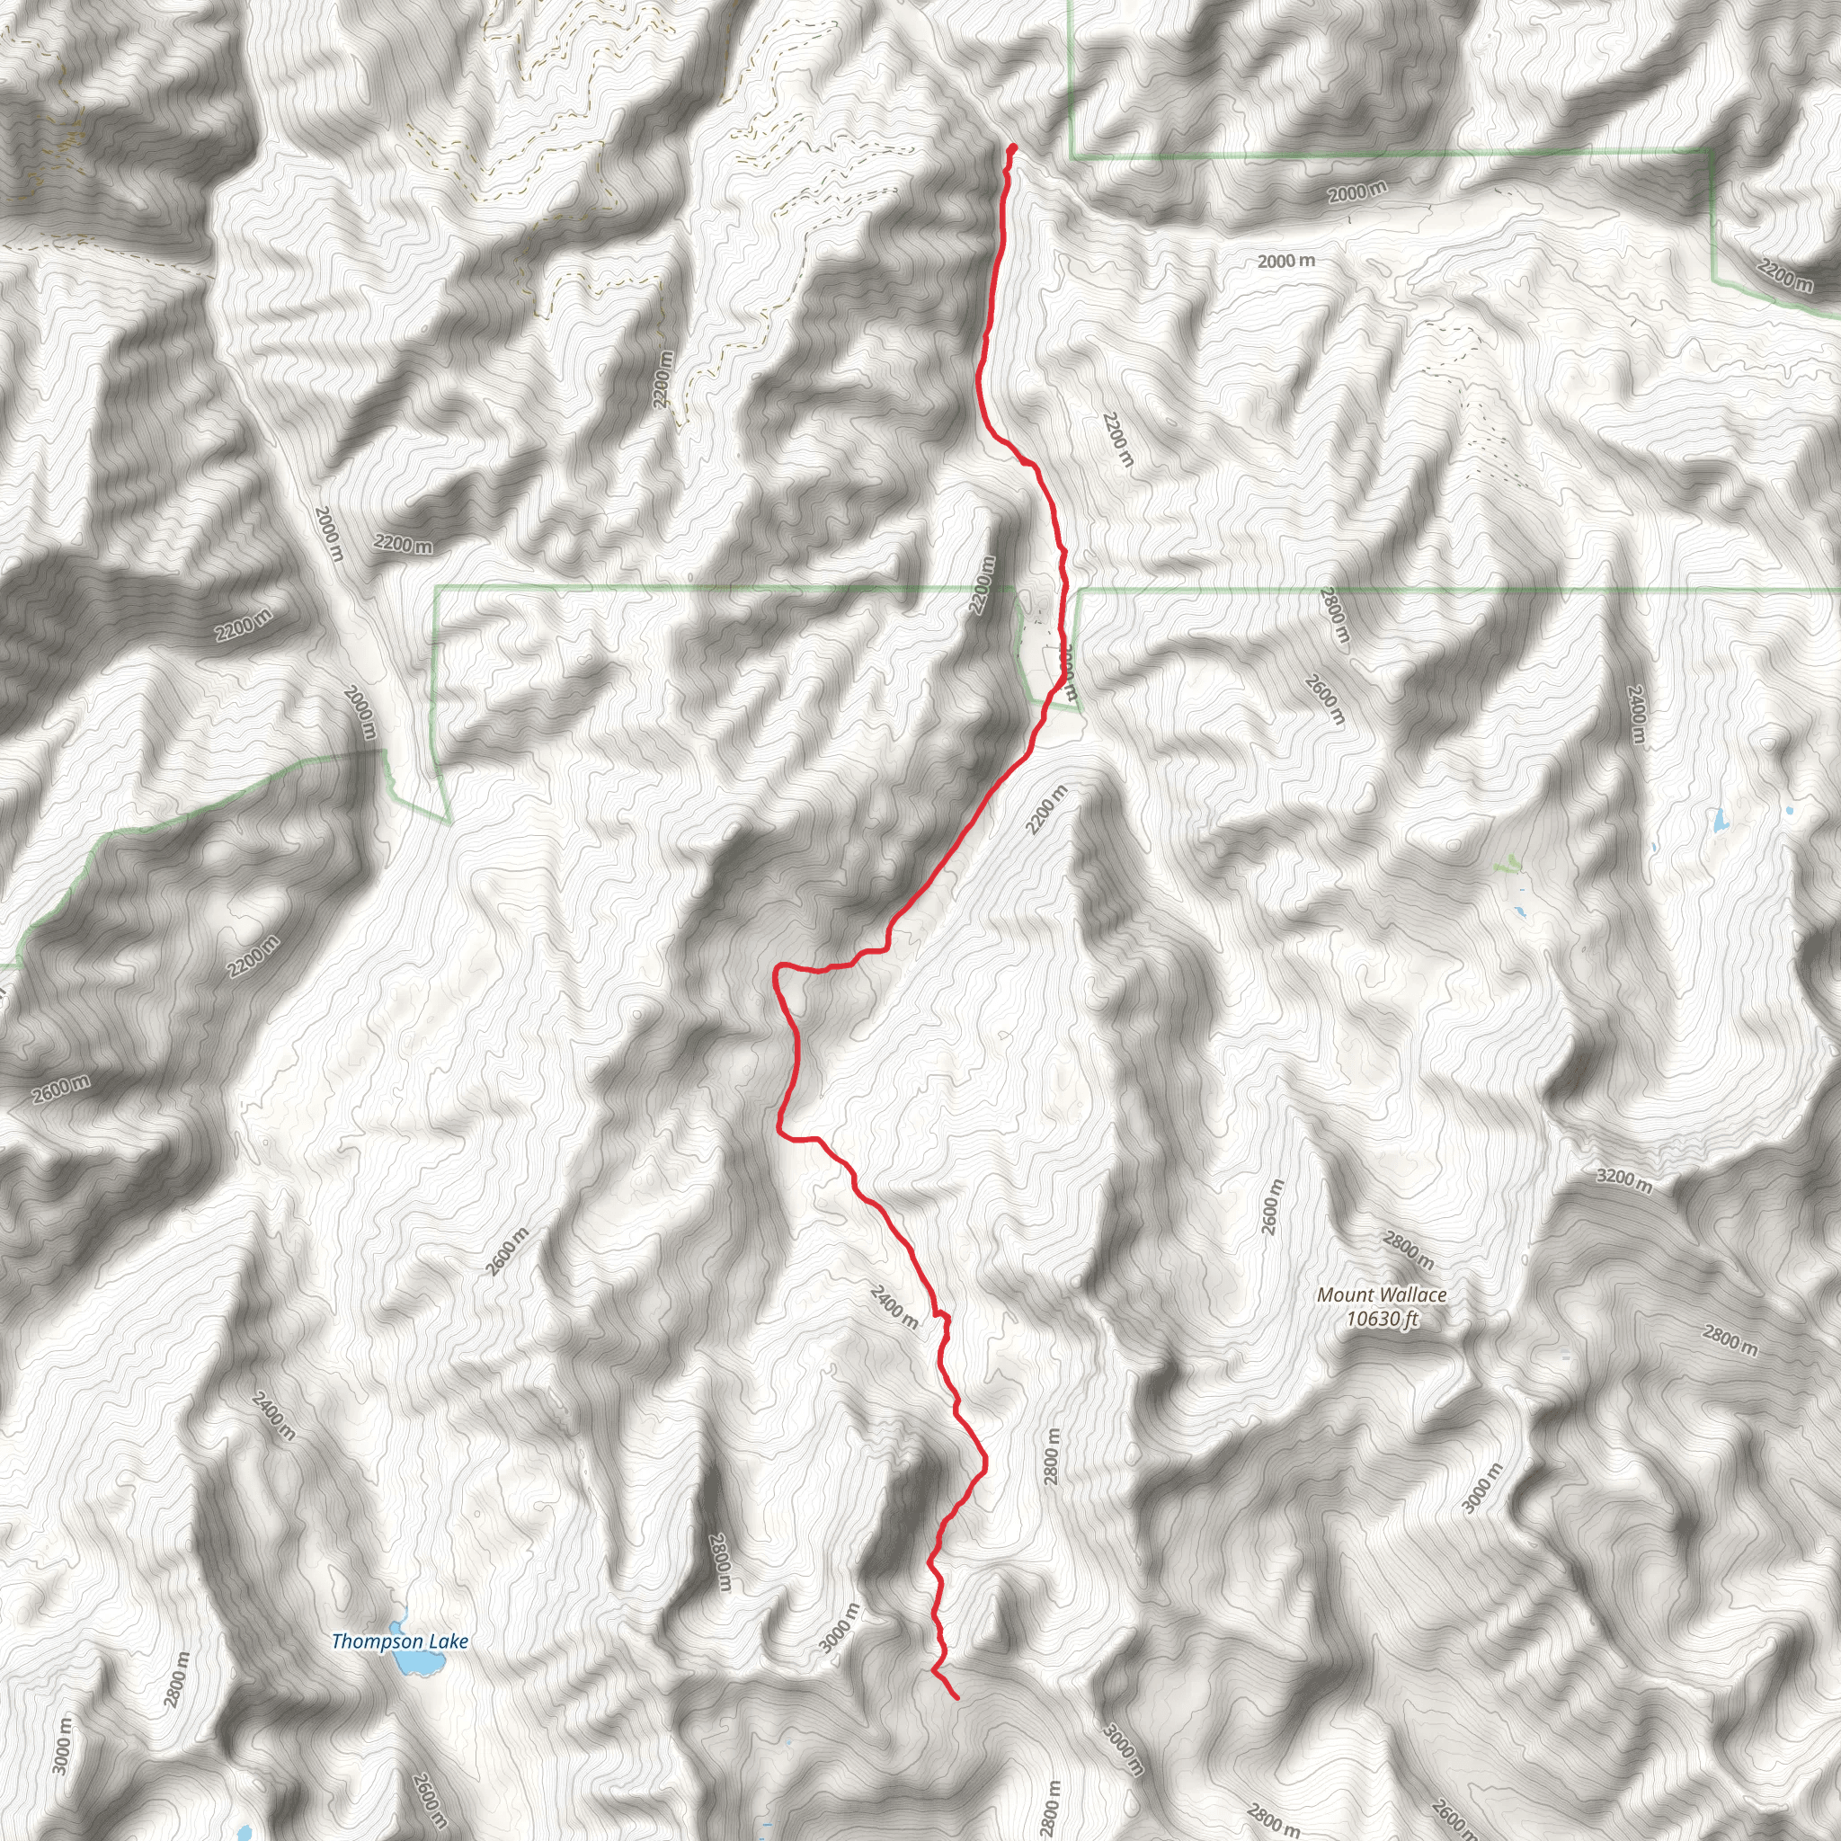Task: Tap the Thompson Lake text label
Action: coord(399,1641)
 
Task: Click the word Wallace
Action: coord(1412,1295)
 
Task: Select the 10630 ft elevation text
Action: coord(1383,1319)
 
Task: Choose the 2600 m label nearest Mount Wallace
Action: coord(1273,1206)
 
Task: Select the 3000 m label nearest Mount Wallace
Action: coord(1481,1487)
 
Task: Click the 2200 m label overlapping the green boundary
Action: coord(982,585)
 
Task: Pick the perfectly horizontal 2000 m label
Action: coord(1285,261)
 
